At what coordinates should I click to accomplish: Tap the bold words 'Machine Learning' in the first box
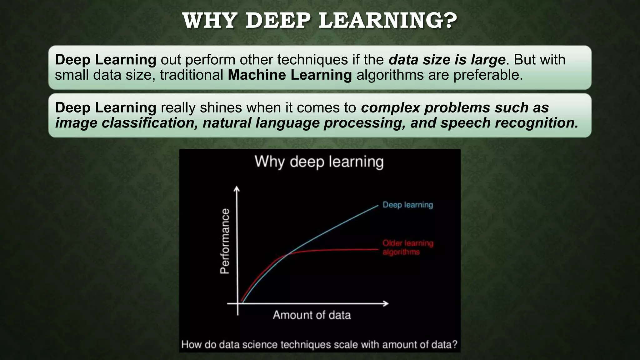pyautogui.click(x=290, y=75)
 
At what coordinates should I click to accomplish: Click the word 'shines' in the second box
pyautogui.click(x=221, y=107)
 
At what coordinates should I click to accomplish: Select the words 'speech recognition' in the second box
pyautogui.click(x=509, y=123)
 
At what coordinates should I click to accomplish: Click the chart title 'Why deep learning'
pyautogui.click(x=319, y=162)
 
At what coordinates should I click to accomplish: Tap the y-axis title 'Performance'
pyautogui.click(x=225, y=241)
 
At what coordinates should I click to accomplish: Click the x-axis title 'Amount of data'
pyautogui.click(x=312, y=315)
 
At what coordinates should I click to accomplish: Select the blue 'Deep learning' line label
pyautogui.click(x=408, y=205)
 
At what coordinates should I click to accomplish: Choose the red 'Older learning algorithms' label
pyautogui.click(x=408, y=247)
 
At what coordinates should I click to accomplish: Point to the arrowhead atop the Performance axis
pyautogui.click(x=237, y=188)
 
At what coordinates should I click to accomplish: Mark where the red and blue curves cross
pyautogui.click(x=289, y=254)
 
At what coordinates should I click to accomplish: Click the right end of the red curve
pyautogui.click(x=378, y=249)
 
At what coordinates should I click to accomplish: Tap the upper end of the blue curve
pyautogui.click(x=377, y=205)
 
